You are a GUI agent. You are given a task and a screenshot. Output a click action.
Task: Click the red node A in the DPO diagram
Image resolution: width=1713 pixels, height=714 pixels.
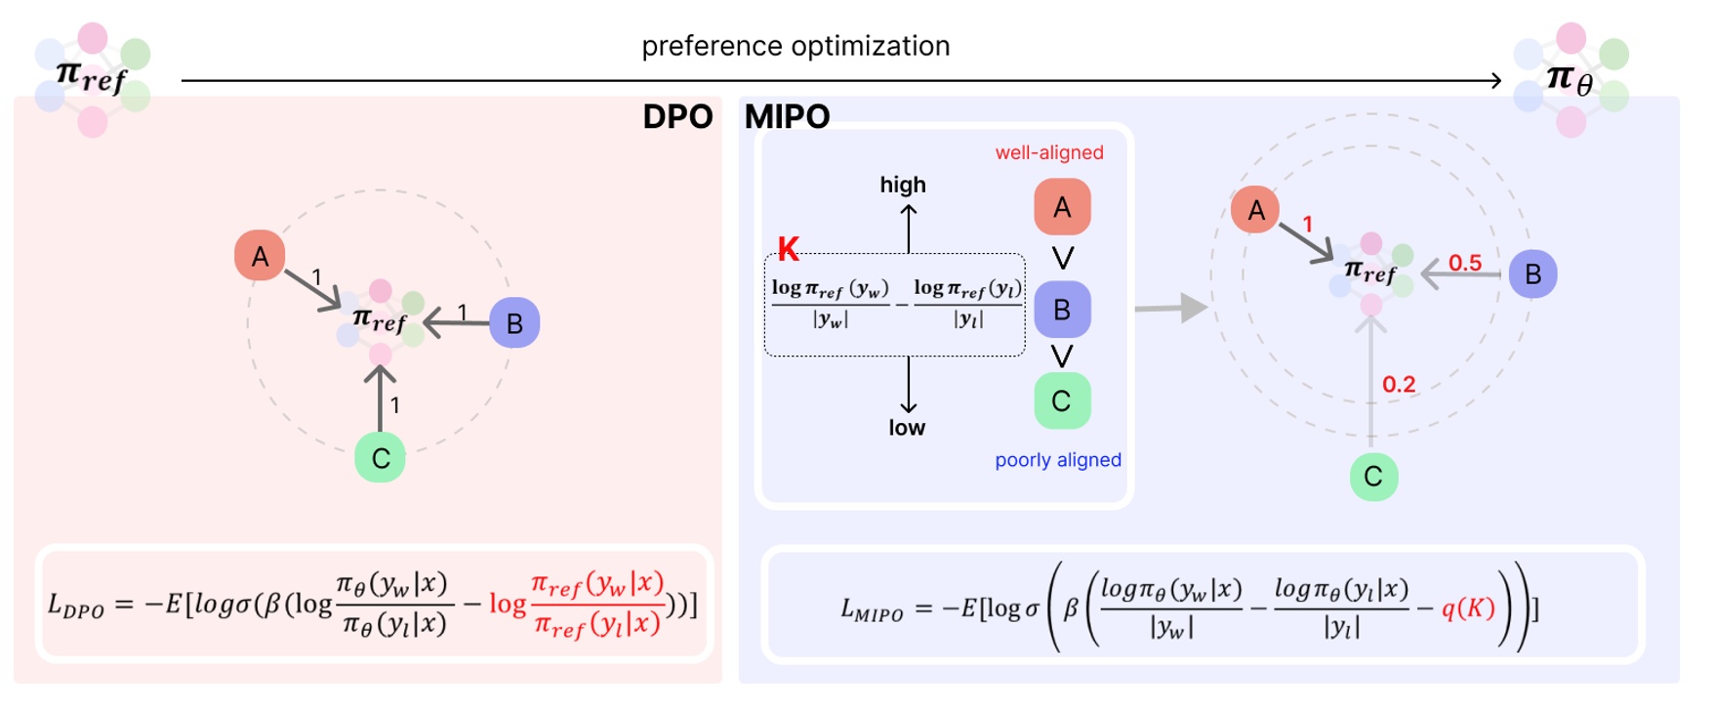(260, 256)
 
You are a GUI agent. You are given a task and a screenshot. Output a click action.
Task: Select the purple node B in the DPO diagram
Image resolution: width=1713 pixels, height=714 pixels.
(514, 322)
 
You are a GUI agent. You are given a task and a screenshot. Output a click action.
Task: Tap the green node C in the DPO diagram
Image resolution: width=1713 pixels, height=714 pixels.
(381, 458)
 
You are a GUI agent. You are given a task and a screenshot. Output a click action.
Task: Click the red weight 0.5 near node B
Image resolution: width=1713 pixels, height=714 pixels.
(1464, 263)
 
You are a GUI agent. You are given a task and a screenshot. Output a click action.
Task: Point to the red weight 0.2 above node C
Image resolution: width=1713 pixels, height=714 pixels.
(1398, 385)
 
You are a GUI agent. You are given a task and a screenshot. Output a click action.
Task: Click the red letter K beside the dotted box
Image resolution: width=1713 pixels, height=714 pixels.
(788, 249)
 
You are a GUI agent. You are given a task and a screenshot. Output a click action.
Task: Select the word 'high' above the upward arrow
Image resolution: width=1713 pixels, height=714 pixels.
(902, 185)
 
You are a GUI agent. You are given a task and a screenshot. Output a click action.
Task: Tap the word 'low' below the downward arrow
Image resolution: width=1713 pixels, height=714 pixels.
(906, 428)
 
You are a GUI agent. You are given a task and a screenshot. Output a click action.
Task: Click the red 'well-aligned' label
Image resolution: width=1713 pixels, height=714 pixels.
(1048, 152)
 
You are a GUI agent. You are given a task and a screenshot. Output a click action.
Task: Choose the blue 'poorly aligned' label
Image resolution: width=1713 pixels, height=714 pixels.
(1057, 460)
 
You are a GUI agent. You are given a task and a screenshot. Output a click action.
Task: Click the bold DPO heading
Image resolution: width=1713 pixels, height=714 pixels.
(677, 117)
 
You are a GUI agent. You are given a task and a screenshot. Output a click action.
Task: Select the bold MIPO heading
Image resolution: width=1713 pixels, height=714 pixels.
(787, 117)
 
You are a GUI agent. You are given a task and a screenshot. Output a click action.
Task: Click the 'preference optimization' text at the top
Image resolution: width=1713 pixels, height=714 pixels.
(795, 46)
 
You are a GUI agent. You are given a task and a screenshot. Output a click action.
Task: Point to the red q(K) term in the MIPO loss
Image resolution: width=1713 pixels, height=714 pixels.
(1468, 609)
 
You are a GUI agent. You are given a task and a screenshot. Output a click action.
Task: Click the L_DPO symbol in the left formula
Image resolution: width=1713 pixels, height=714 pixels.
(75, 606)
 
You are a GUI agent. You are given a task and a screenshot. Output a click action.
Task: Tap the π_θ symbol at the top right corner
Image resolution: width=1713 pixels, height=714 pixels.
(1570, 78)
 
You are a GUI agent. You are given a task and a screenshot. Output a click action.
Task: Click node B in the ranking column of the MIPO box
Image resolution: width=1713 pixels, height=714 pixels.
(1062, 310)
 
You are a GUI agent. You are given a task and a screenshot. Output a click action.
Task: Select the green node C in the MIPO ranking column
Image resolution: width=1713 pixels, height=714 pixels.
(1062, 401)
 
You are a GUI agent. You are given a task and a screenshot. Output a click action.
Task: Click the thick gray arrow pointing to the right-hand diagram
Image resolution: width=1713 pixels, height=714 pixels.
(1170, 308)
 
